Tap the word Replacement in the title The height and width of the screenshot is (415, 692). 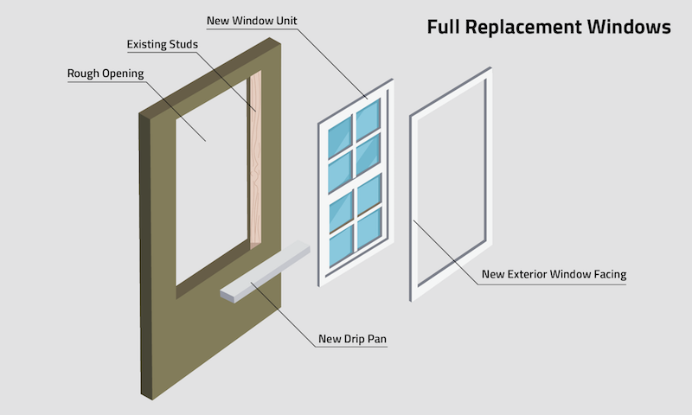coord(528,27)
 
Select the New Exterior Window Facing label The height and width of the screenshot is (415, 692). coord(554,276)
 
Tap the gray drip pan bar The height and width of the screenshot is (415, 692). coord(264,273)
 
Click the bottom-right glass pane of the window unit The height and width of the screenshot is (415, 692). coord(369,225)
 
